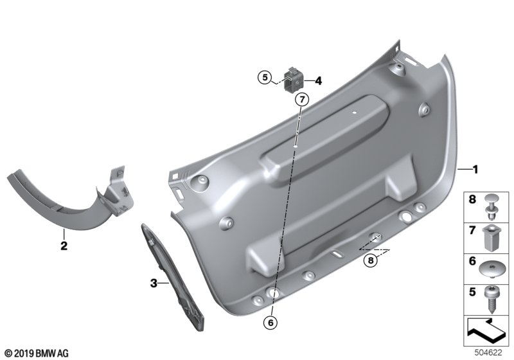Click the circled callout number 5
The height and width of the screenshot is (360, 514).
tap(265, 78)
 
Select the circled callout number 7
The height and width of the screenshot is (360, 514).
tap(302, 99)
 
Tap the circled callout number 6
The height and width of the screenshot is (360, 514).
tap(270, 323)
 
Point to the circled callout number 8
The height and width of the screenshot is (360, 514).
tap(371, 260)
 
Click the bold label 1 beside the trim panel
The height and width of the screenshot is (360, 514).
tap(475, 170)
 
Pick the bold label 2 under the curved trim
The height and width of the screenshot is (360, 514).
tap(64, 246)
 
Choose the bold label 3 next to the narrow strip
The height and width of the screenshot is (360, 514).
tap(154, 283)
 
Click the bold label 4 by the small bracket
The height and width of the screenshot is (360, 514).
tap(318, 80)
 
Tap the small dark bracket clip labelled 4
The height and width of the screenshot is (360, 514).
tap(293, 79)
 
